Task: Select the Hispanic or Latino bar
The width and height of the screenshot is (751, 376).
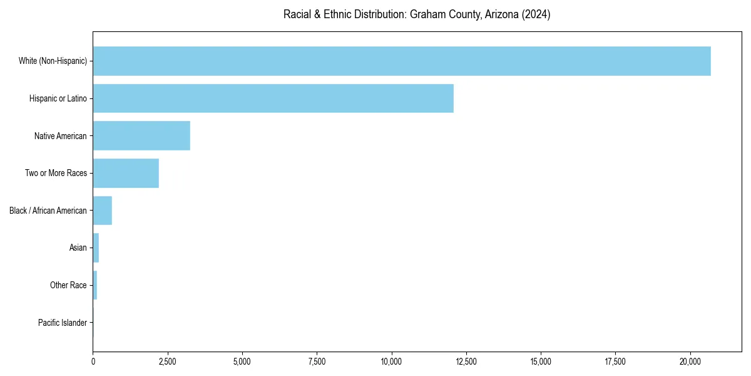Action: click(273, 98)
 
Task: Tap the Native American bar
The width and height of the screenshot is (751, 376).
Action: click(141, 135)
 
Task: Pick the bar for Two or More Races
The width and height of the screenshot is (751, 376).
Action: click(126, 173)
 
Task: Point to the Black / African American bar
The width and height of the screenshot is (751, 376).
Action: click(103, 211)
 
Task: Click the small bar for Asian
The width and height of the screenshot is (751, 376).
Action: click(96, 248)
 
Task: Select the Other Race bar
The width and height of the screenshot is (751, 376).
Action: click(95, 285)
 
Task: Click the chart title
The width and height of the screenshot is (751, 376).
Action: click(417, 14)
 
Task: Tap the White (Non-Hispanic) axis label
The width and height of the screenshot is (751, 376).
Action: click(53, 61)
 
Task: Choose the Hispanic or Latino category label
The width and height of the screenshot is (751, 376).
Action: click(58, 98)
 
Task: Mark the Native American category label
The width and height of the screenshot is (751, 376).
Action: click(61, 135)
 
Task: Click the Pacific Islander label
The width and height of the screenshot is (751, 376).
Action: click(63, 323)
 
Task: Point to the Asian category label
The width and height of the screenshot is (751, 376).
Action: click(78, 248)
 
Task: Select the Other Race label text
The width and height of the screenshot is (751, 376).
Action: click(68, 285)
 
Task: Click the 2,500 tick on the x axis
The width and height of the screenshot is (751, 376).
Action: click(168, 362)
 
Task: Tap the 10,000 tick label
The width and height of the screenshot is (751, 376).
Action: click(392, 362)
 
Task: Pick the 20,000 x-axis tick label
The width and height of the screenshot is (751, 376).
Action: click(690, 362)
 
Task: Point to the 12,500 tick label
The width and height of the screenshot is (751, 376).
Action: click(466, 362)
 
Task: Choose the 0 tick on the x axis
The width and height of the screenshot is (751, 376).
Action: click(93, 362)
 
